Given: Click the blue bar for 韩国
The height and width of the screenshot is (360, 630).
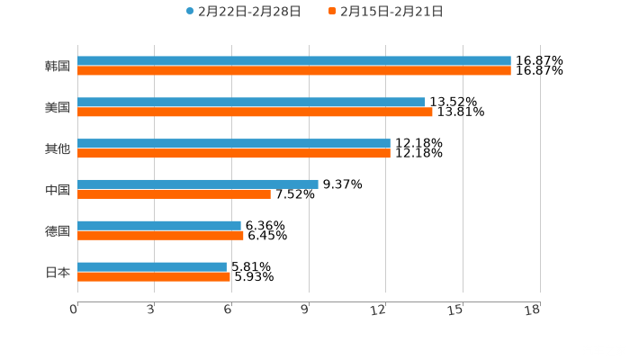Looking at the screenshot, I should [x=293, y=60].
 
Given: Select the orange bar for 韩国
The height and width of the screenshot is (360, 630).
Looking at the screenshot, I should [x=293, y=70].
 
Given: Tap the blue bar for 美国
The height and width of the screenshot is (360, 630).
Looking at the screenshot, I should [x=251, y=102].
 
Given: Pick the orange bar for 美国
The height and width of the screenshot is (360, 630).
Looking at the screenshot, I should [x=255, y=112].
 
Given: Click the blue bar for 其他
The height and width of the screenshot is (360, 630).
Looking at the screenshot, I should [x=234, y=143].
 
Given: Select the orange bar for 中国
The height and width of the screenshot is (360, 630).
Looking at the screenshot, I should [x=174, y=193].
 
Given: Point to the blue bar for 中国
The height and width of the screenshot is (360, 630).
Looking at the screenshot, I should [x=198, y=184].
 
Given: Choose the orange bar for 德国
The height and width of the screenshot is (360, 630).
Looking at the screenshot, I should [x=160, y=235].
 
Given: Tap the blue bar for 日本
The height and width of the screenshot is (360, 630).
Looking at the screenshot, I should [x=152, y=266].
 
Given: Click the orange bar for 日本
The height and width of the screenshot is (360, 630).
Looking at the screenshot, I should [x=154, y=276].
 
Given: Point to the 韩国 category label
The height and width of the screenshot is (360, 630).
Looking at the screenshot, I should [x=58, y=66].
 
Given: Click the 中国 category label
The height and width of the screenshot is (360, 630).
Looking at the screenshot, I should [x=58, y=189].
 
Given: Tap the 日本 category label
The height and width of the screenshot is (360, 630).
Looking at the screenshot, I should [x=58, y=272].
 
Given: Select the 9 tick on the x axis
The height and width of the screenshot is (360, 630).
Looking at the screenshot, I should [x=306, y=310].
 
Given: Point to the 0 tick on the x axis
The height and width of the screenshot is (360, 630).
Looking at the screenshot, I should [x=75, y=310].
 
